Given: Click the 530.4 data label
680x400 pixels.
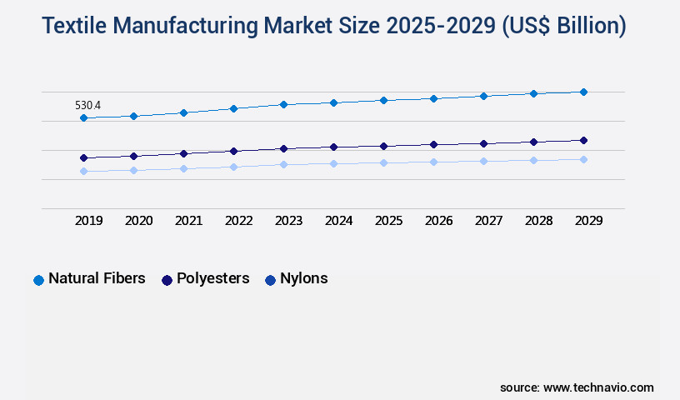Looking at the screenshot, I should point(87,105).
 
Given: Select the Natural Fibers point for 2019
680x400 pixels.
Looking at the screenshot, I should point(83,118).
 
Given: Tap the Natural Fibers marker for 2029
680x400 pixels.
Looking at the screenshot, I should point(583,92).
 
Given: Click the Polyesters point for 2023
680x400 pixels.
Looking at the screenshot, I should point(283,148).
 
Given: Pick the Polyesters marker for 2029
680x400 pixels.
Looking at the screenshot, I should point(583,140).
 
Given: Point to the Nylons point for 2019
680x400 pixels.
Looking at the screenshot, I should point(83,171).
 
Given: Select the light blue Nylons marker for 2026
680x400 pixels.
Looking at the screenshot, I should point(433,162).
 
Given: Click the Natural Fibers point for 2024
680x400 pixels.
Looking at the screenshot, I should point(333,102).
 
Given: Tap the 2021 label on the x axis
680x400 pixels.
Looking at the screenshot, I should point(188,221).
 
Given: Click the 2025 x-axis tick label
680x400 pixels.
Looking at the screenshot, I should point(388,221).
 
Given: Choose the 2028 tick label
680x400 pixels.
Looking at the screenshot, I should point(538,221).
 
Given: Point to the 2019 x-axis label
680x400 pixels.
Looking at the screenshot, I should point(88,221).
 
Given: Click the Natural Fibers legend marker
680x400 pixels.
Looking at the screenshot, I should point(38,280).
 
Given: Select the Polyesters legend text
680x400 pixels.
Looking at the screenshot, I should point(212,278).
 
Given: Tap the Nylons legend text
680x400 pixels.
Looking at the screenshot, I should point(303,278).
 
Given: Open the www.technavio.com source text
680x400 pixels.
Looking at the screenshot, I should point(598,387).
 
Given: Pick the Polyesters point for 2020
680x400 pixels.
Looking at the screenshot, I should point(133,156).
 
